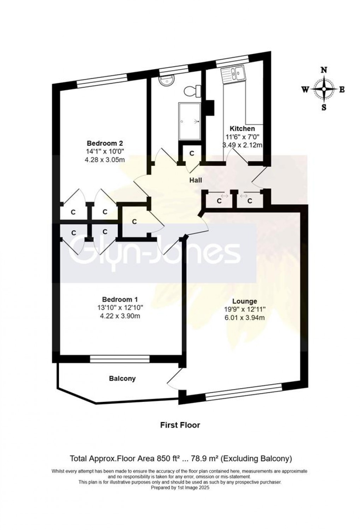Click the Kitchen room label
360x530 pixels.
point(242,128)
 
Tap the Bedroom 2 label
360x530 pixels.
point(105,143)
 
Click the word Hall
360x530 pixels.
point(196,180)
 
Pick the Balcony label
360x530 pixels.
point(122,379)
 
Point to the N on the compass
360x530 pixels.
point(323,70)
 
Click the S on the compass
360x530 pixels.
point(323,108)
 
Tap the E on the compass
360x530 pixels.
point(342,89)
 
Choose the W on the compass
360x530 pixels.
point(305,89)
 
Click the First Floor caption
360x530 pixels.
point(180,425)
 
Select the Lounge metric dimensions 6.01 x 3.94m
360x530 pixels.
point(244,318)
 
